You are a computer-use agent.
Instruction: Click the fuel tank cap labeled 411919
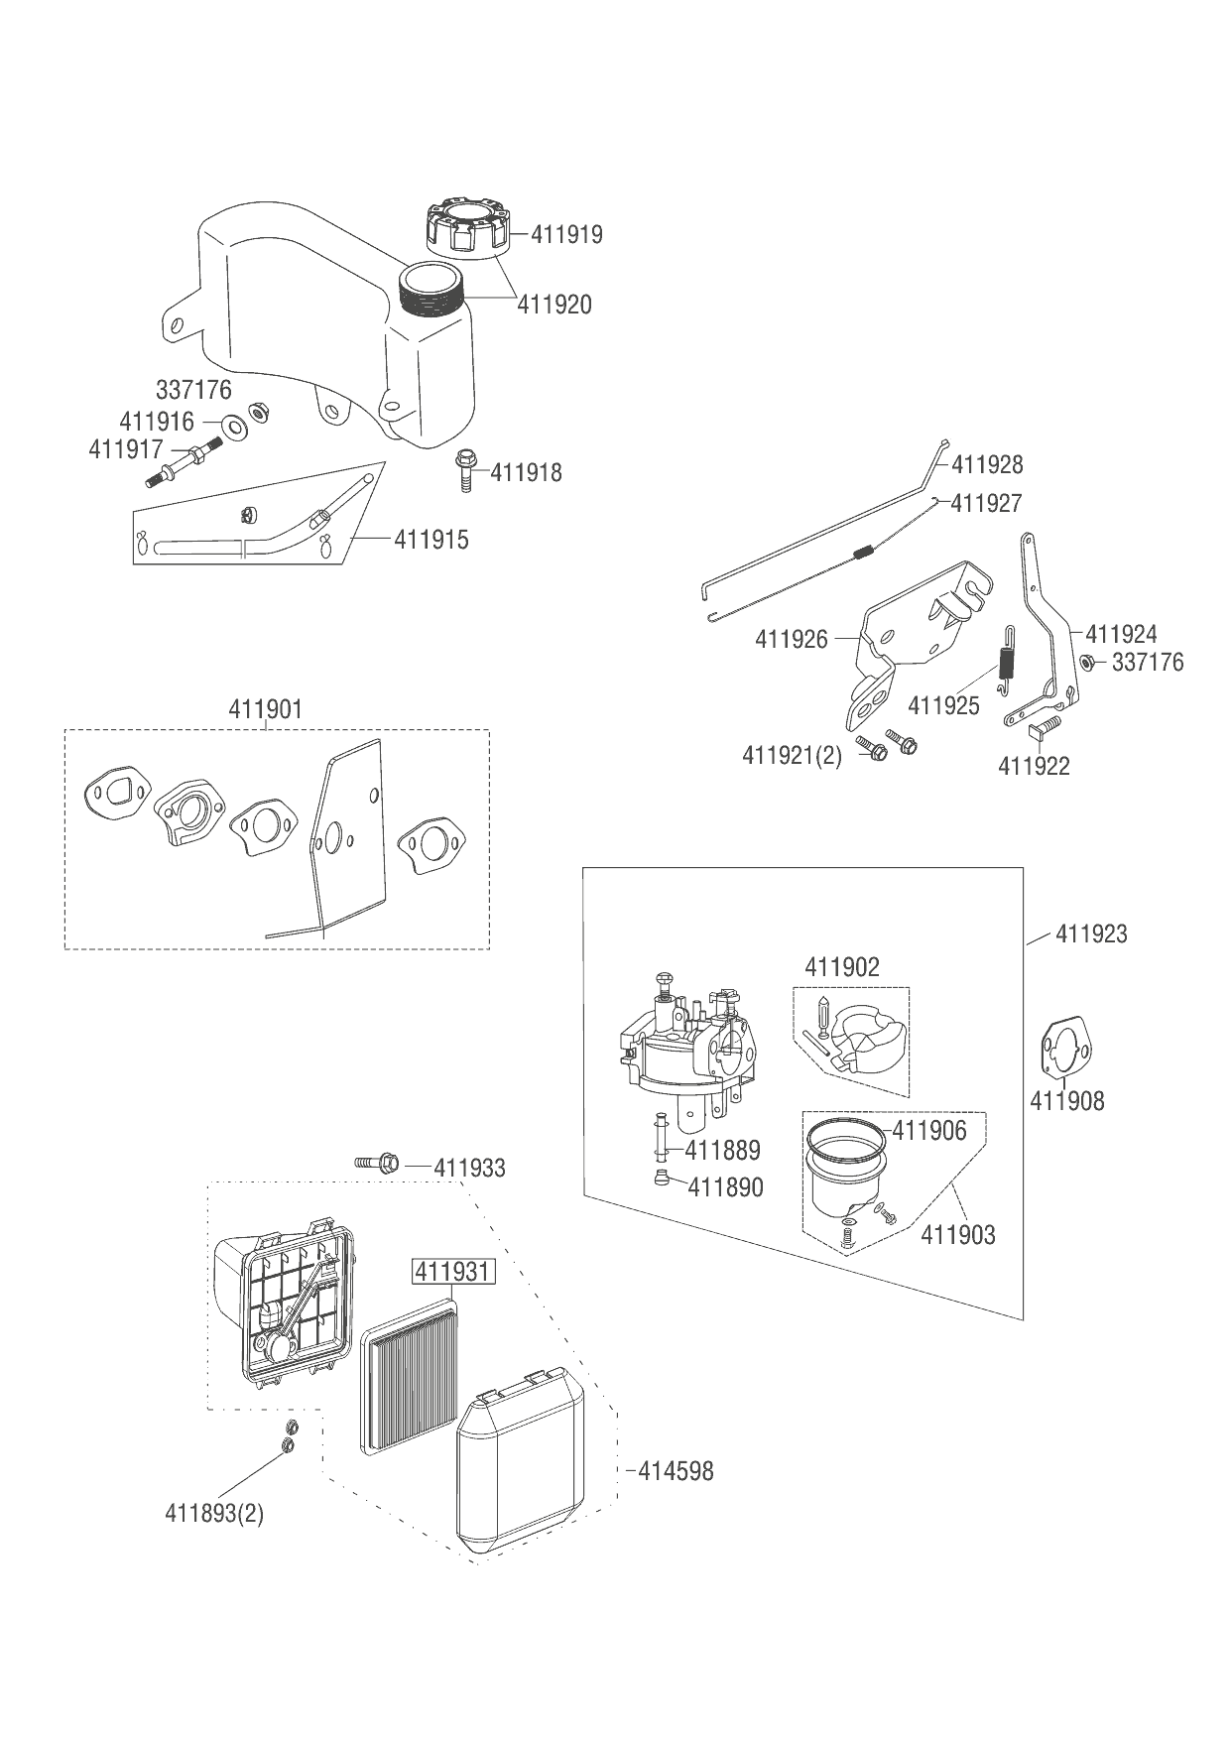tap(467, 225)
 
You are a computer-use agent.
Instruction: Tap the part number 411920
tap(554, 305)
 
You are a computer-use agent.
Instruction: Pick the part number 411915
tap(431, 540)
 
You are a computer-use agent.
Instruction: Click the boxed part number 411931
tap(453, 1272)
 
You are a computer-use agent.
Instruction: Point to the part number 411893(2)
tap(214, 1514)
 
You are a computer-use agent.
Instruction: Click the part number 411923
tap(1091, 933)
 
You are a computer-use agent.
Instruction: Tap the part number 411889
tap(723, 1150)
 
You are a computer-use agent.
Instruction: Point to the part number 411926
tap(792, 639)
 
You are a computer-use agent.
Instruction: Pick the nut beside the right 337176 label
tap(1086, 662)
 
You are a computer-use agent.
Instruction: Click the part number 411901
tap(266, 709)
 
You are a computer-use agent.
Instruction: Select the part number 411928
tap(988, 464)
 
